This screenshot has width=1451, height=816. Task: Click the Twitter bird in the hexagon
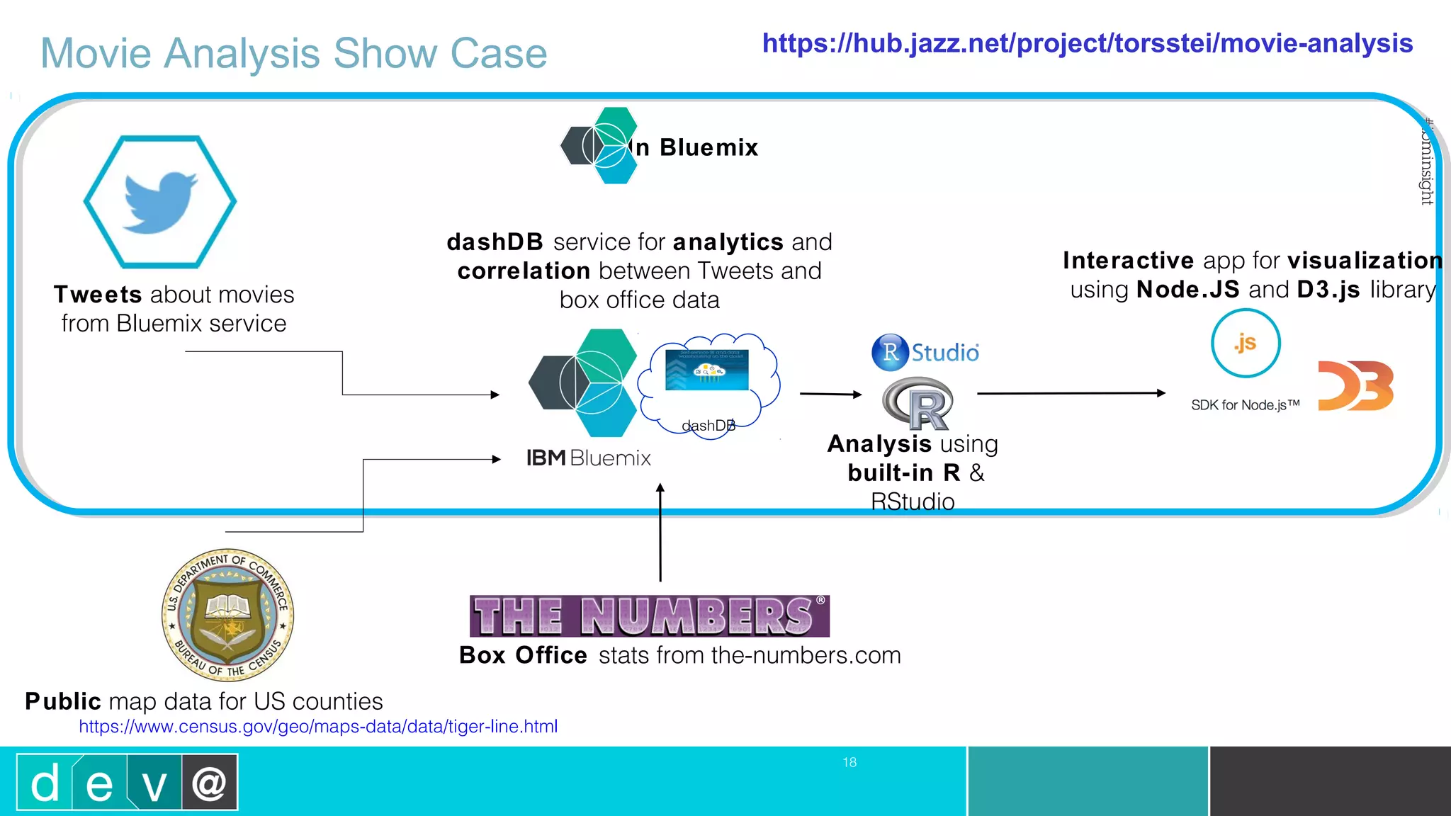[160, 202]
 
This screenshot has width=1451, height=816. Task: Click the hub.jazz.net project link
[1087, 43]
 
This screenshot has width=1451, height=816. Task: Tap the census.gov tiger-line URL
[318, 726]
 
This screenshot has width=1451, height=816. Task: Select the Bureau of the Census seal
[227, 614]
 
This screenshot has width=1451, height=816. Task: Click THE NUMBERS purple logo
[649, 616]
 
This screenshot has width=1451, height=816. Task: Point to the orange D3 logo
[1355, 386]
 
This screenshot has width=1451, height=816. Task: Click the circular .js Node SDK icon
[1246, 344]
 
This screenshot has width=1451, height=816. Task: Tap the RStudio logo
[925, 352]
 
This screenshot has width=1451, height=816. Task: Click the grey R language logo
[918, 404]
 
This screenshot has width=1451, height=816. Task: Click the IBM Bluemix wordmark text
[588, 458]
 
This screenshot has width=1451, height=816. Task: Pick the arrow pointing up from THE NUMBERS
[660, 531]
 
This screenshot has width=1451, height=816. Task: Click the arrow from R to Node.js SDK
[1070, 393]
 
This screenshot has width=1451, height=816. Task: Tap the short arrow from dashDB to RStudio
[830, 394]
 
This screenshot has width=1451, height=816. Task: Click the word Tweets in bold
[98, 295]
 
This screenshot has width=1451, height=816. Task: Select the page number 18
[849, 762]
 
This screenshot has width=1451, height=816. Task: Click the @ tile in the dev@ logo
[209, 783]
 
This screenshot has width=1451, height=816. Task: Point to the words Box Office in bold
[523, 655]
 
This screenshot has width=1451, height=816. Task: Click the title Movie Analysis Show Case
[293, 53]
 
